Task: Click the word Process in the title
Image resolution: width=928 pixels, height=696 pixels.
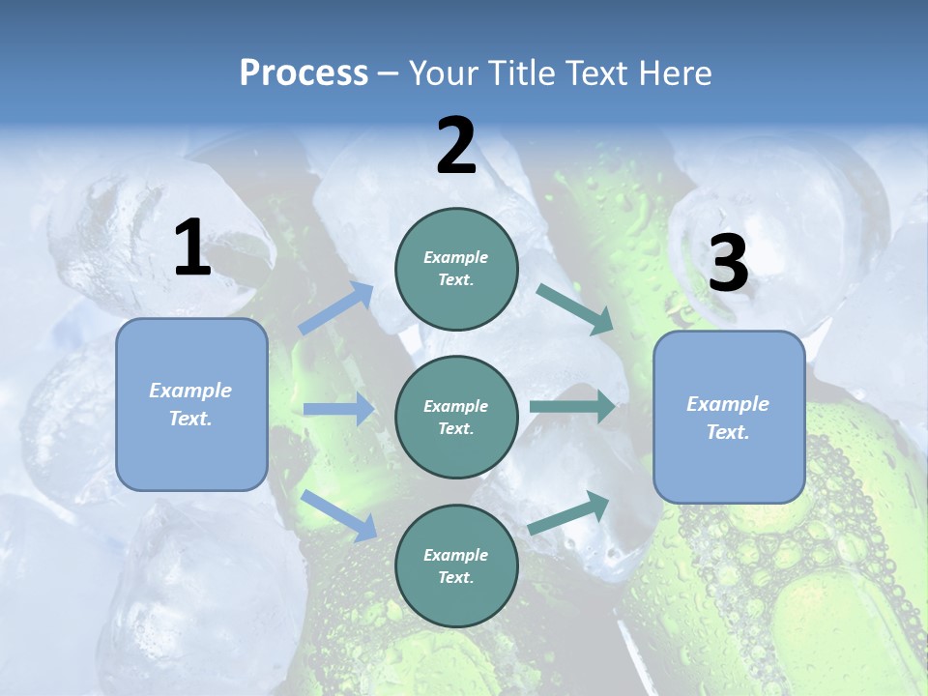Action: tap(304, 73)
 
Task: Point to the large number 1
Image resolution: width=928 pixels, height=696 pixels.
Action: tap(192, 248)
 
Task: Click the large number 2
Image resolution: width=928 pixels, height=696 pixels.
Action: tap(456, 146)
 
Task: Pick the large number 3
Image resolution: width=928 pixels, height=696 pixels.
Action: tap(728, 264)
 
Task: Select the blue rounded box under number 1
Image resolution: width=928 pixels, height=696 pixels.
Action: tap(191, 404)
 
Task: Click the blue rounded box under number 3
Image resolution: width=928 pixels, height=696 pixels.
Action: tap(729, 417)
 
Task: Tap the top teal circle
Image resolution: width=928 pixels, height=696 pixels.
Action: tap(456, 269)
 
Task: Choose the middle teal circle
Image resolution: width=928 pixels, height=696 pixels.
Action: tap(456, 417)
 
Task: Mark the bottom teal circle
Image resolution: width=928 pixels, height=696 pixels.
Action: tap(456, 565)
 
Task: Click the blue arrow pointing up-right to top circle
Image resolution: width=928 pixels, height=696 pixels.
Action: tap(336, 308)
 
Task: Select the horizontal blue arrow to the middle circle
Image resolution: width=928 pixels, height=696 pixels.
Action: tap(339, 410)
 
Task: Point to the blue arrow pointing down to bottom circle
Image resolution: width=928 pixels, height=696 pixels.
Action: tap(339, 514)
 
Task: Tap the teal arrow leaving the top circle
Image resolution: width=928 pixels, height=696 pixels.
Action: tap(574, 308)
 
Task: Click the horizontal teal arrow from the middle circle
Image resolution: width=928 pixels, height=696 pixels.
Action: tap(572, 407)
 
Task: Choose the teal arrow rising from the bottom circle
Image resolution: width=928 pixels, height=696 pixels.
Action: tap(569, 512)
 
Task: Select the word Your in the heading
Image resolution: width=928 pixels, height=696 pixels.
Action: tap(444, 73)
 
